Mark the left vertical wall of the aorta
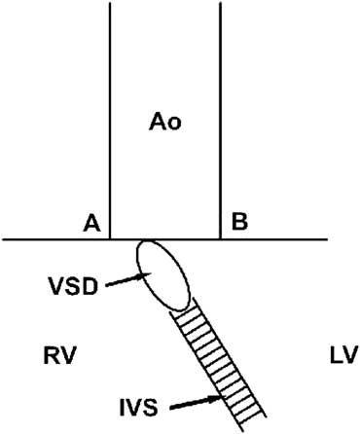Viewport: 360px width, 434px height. [x=108, y=117]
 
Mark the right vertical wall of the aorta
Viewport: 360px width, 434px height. [x=221, y=117]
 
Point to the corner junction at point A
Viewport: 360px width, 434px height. [x=108, y=238]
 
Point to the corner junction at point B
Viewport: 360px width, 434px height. [x=221, y=238]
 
